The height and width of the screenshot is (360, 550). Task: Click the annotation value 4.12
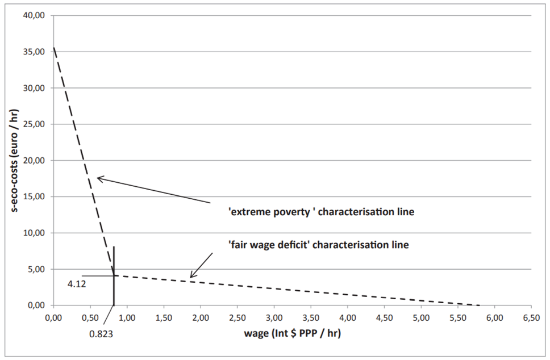click(76, 284)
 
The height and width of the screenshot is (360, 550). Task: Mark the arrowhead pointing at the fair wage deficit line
click(191, 277)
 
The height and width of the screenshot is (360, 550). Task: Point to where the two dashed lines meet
click(114, 275)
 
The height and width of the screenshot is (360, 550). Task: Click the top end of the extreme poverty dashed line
click(53, 48)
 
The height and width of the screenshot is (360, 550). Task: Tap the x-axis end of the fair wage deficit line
click(481, 305)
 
